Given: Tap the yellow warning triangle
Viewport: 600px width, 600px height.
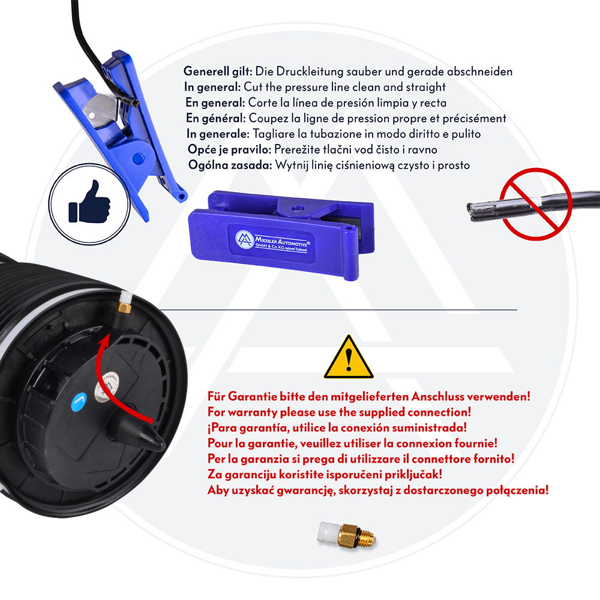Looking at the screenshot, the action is point(348,358).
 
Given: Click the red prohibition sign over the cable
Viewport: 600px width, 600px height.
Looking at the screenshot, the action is point(536,204).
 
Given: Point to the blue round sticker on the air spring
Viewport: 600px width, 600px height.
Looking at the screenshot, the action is point(79,402).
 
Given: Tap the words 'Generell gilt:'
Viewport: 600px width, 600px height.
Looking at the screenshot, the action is point(217,71).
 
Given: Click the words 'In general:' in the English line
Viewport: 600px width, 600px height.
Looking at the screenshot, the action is point(212,87).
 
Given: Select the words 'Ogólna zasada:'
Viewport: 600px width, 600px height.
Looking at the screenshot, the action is point(230,166).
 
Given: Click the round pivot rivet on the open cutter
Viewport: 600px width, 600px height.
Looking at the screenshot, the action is point(138,158).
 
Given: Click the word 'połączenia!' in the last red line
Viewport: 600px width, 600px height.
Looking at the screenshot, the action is point(517,491).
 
